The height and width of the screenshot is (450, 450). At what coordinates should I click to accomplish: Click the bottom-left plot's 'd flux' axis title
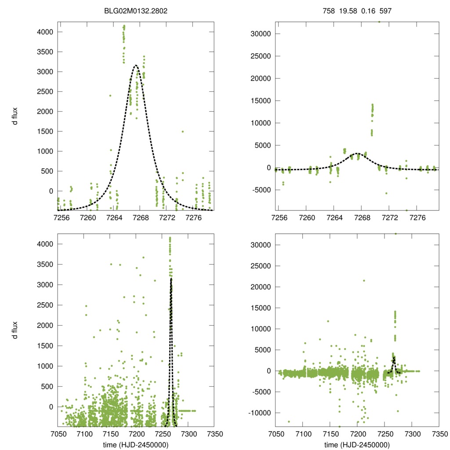click(15, 330)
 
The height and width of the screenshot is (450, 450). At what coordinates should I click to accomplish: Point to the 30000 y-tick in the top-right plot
click(262, 34)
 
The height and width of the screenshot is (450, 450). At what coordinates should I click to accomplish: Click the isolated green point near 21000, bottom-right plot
click(364, 280)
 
